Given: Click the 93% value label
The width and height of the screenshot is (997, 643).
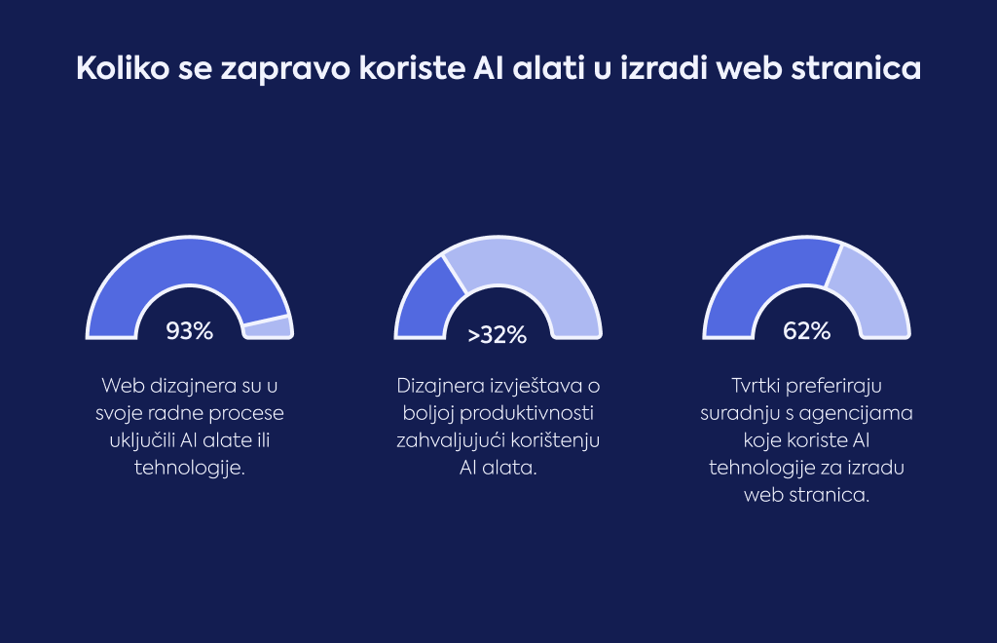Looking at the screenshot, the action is [x=190, y=330].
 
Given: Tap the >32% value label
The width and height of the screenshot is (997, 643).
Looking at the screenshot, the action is [x=498, y=334].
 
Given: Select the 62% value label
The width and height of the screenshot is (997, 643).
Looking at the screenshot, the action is [x=806, y=330].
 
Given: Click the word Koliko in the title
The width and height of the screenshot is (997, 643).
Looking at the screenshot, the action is [x=123, y=67].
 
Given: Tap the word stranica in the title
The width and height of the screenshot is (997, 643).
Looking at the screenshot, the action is [x=856, y=69].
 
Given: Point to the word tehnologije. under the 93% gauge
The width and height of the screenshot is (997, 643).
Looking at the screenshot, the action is [x=190, y=468].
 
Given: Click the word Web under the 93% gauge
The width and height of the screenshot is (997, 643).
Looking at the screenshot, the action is [x=122, y=386].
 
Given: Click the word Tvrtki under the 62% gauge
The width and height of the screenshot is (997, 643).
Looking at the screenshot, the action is [x=756, y=386].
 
